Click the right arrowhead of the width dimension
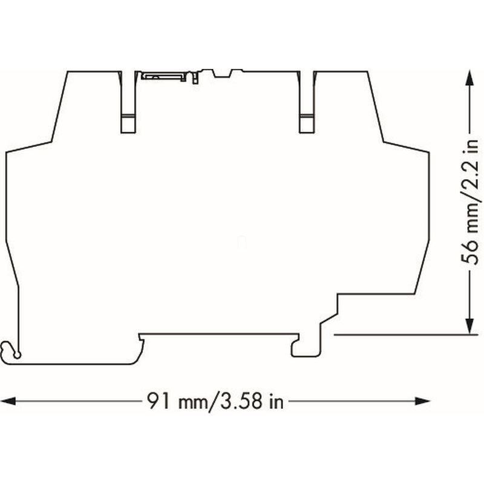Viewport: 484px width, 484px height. tap(422, 401)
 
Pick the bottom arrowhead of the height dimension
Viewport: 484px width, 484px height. tap(469, 326)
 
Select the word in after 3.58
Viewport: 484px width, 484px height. tap(276, 401)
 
